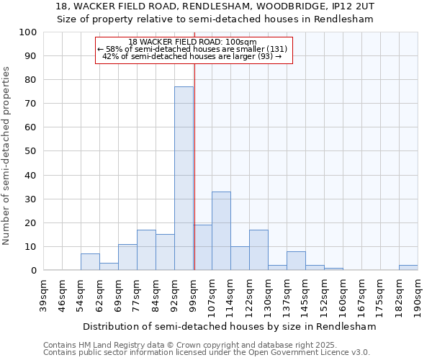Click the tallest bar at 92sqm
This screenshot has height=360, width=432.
click(x=184, y=179)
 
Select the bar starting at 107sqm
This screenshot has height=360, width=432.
click(x=221, y=230)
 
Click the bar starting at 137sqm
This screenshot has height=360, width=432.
click(x=296, y=261)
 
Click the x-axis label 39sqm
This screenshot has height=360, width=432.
click(x=44, y=294)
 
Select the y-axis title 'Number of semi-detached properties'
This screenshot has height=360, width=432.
click(x=7, y=156)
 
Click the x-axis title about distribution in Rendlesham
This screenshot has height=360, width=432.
click(x=229, y=326)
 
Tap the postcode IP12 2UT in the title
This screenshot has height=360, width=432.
click(x=351, y=6)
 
